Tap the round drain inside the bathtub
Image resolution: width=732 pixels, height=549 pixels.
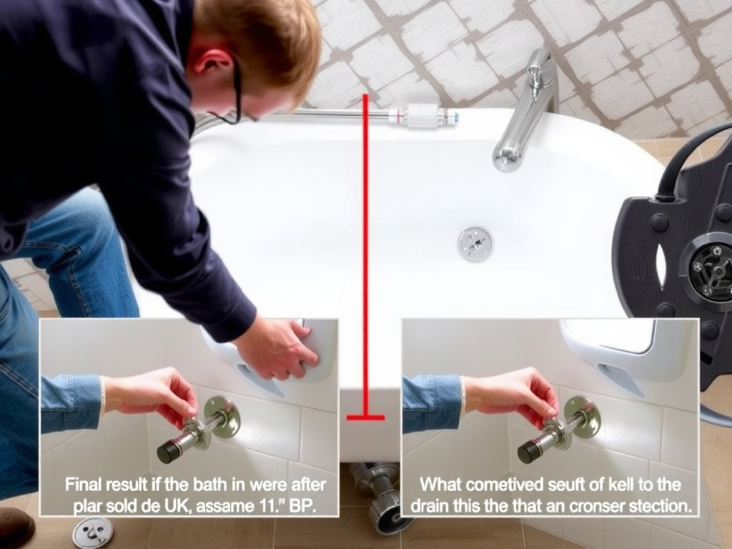[475, 244]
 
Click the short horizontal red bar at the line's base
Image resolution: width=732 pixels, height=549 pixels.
[365, 417]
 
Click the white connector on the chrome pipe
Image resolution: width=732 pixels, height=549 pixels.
[425, 115]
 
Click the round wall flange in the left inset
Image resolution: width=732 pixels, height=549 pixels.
[222, 417]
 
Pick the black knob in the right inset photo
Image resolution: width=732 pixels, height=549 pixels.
[530, 450]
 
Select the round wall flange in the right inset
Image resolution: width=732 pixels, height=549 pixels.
[583, 417]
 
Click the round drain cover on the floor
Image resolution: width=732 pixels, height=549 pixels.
[93, 532]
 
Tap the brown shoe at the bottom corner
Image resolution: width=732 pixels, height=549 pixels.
[14, 527]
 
